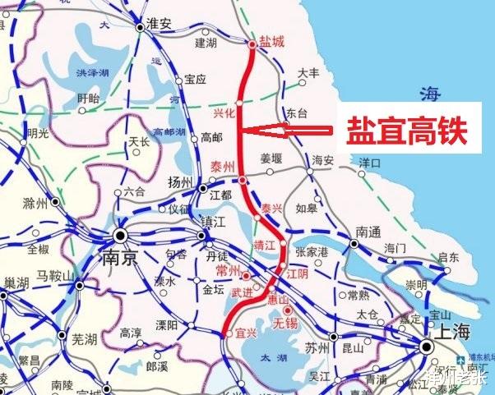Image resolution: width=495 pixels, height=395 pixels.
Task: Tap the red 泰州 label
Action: click(x=223, y=165)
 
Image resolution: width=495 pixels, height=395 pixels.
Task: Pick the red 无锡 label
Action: click(x=285, y=323)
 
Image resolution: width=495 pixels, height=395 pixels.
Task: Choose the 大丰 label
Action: click(x=308, y=73)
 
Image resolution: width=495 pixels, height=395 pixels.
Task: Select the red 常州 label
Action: click(x=227, y=271)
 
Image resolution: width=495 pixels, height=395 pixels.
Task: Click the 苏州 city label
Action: click(x=317, y=347)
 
